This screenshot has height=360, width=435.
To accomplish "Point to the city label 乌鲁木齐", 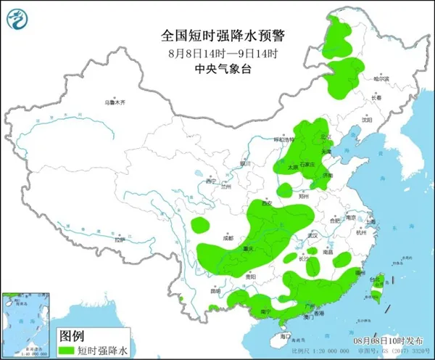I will coord(115,103).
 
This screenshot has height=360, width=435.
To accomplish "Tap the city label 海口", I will coord(286,337).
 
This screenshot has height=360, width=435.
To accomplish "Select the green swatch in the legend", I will coord(67,350).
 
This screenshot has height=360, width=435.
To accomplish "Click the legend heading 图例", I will coord(71,336).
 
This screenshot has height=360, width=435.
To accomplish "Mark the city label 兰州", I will coord(226,187).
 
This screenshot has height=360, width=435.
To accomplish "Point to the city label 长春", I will coord(376,97).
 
